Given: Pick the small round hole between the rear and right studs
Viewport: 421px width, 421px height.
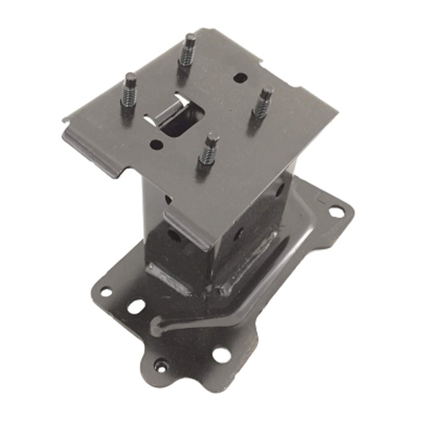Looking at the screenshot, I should pyautogui.click(x=239, y=78).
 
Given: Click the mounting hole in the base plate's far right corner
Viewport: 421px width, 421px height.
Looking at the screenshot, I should pyautogui.click(x=335, y=212).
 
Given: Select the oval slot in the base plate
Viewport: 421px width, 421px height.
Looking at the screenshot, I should pyautogui.click(x=136, y=307).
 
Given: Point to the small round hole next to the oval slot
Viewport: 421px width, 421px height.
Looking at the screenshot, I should pyautogui.click(x=106, y=291).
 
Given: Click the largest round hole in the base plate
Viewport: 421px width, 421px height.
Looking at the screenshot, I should pyautogui.click(x=221, y=355).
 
